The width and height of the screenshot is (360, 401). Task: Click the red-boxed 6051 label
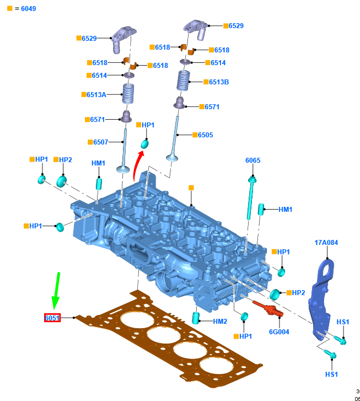pos(52,318)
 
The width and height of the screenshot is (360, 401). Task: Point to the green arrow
pos(56,290)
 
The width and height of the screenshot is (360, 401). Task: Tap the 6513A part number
pos(96,94)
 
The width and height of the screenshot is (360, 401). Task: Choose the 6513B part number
pos(219,82)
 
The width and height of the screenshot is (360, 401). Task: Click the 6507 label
pos(100,142)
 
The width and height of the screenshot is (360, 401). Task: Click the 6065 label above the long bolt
pos(253,161)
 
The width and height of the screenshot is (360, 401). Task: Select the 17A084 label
pos(326,242)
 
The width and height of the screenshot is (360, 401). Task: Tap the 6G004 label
pos(279,332)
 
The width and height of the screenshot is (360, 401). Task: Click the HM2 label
pos(220,321)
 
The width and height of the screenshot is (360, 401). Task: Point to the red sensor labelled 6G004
pos(267,308)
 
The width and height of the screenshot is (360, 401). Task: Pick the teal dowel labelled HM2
pos(195,318)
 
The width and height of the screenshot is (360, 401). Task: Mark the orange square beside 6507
pos(90,142)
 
